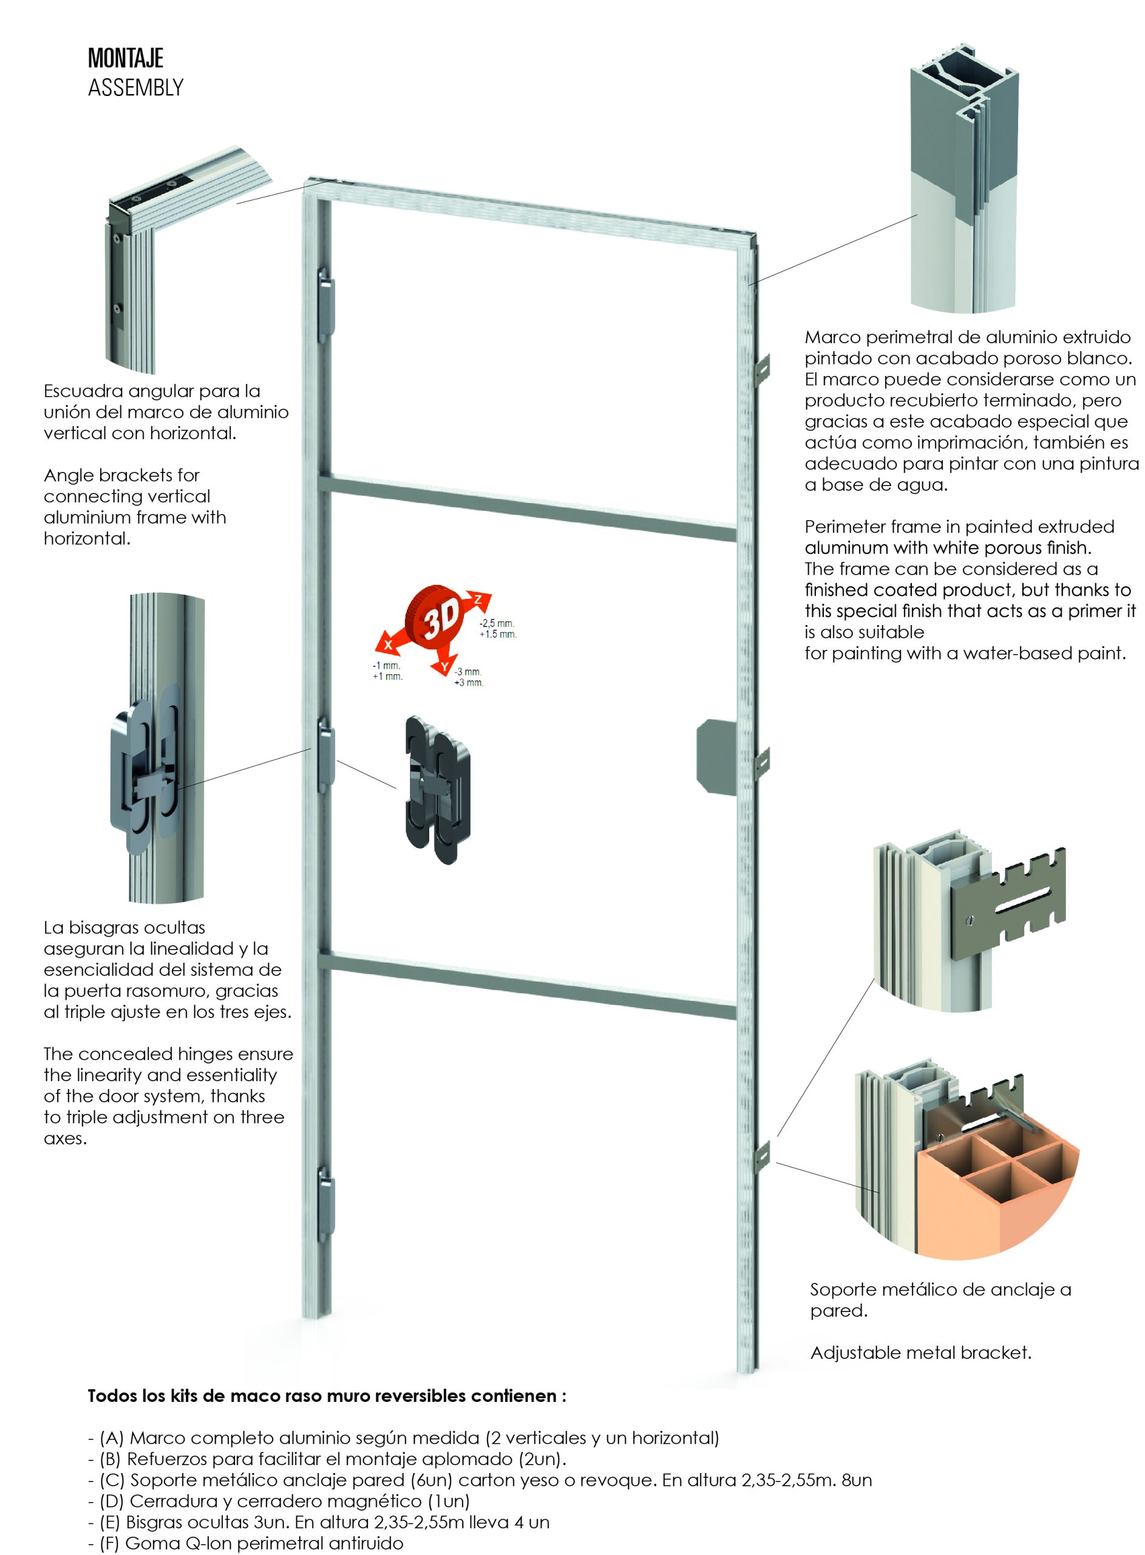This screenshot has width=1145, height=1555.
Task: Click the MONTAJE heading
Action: pos(126,58)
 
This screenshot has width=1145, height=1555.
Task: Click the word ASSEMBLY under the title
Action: pos(136,88)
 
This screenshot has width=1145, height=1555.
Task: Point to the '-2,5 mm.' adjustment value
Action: pos(496,623)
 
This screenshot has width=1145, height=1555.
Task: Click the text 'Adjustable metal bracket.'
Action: pos(920,1352)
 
